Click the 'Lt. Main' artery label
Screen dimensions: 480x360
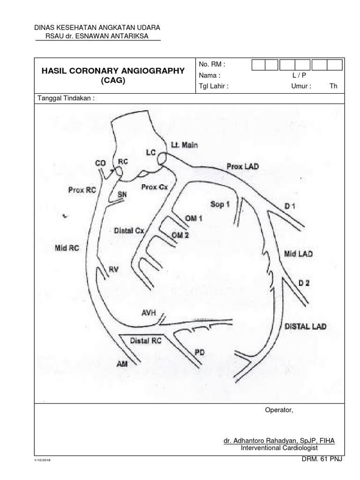[184, 145]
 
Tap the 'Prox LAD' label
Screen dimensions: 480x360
[242, 166]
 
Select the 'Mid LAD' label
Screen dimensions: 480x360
[298, 254]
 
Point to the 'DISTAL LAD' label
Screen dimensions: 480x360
[306, 327]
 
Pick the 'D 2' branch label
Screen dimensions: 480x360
[304, 283]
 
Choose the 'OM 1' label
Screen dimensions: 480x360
[194, 218]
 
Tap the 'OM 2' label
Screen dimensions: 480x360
[180, 235]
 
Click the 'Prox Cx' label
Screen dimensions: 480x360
[154, 187]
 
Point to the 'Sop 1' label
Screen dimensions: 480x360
[220, 204]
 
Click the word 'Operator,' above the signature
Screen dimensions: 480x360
[279, 411]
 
